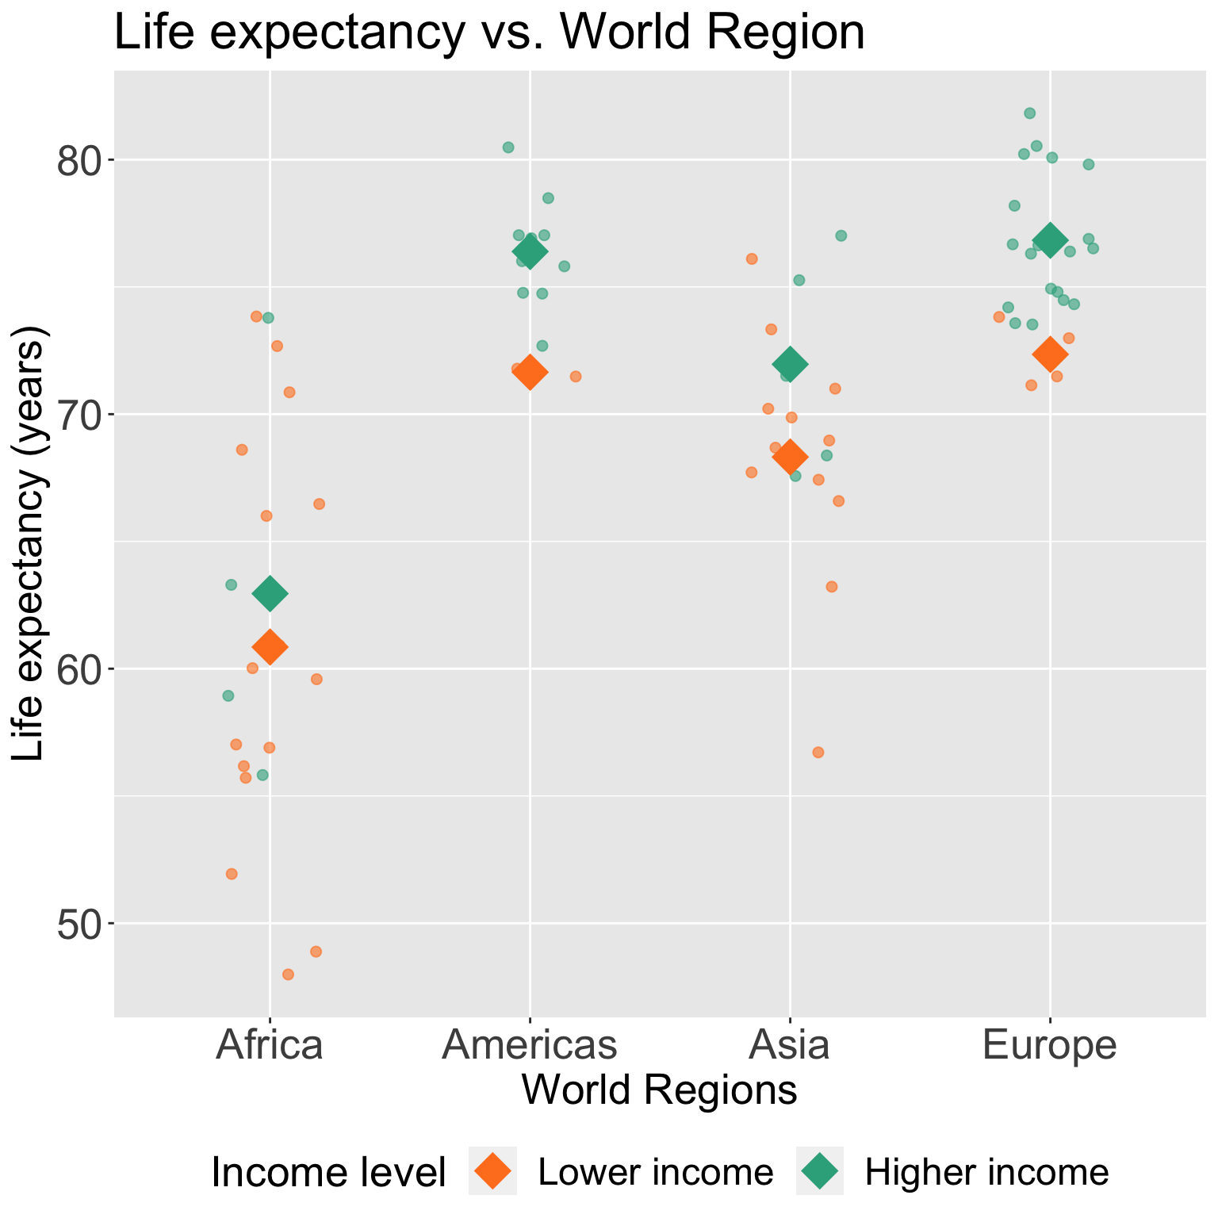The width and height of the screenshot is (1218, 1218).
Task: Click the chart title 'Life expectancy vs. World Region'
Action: (x=489, y=33)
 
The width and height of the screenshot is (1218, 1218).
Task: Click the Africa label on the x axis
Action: (x=270, y=1045)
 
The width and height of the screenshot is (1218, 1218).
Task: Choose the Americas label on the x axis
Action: (x=530, y=1045)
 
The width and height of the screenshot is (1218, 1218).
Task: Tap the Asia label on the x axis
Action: (x=790, y=1045)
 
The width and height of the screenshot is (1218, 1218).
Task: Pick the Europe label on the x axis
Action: (x=1050, y=1045)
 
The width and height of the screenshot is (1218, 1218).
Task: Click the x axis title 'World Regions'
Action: (x=659, y=1090)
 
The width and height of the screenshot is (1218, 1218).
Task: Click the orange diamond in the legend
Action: (x=492, y=1171)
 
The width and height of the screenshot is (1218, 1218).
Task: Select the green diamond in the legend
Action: (x=820, y=1171)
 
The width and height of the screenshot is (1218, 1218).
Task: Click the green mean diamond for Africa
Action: (x=270, y=594)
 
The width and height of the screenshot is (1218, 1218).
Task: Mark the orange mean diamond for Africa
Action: (x=270, y=647)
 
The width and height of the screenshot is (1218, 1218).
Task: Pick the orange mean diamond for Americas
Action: (x=530, y=373)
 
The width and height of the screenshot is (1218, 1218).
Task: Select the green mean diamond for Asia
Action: (x=790, y=364)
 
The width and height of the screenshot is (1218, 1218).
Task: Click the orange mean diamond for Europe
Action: (x=1050, y=354)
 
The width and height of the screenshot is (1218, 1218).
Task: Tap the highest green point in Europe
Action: (x=1029, y=113)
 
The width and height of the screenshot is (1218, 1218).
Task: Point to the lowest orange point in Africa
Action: (x=288, y=974)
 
